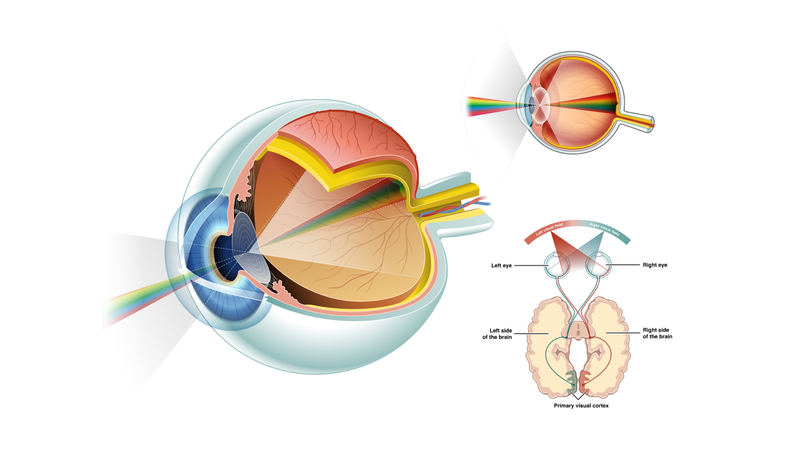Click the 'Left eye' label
coord(501,266)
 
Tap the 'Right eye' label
coord(655,265)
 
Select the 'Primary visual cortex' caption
coord(581,406)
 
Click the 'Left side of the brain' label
coord(497,334)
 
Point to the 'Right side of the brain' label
coord(657,333)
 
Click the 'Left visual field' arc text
coord(549,229)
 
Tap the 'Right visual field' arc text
coord(604,229)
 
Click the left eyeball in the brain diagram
coord(557,265)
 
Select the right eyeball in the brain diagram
coord(598,265)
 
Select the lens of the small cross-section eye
coord(541,103)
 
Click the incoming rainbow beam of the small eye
coord(486,106)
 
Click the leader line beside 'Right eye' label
coord(624,265)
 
